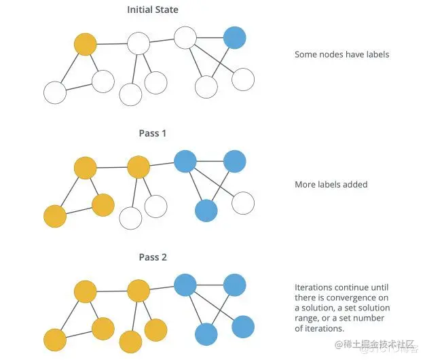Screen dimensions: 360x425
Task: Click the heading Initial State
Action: click(x=152, y=10)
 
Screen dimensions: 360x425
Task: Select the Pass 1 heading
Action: click(x=152, y=133)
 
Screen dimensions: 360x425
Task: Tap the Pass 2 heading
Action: click(x=152, y=257)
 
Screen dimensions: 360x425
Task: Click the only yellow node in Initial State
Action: click(x=86, y=45)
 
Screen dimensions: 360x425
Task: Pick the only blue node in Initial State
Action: click(x=234, y=38)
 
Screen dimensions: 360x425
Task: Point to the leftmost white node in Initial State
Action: click(x=54, y=92)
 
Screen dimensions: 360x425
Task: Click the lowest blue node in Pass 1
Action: click(x=206, y=210)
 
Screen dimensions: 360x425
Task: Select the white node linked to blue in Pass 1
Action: click(x=242, y=202)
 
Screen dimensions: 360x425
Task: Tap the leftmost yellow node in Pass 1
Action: click(x=54, y=216)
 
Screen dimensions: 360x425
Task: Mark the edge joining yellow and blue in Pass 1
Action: click(x=162, y=164)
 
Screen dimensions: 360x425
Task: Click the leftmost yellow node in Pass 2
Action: click(x=54, y=339)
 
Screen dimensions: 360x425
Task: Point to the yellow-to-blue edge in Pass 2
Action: click(x=162, y=288)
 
